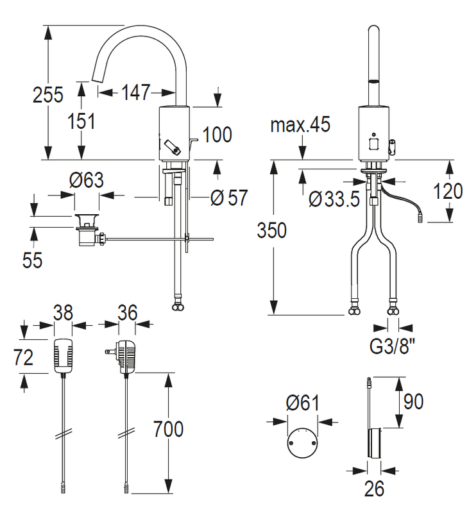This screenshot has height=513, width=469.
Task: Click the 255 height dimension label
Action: pos(47,95)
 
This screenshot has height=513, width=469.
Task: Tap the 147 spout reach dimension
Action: pos(135,92)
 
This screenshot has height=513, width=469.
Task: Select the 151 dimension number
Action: pos(81,121)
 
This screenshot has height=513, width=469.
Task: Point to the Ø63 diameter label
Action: pos(87,180)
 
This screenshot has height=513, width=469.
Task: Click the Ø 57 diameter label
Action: pos(230,198)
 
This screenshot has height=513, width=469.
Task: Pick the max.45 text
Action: pos(300,124)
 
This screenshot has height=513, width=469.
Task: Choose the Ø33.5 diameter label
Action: pos(334,199)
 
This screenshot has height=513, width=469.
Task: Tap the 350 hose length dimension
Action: pos(271,230)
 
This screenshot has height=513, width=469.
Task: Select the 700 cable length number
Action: pos(168,429)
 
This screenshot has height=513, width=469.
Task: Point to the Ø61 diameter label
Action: pos(302,403)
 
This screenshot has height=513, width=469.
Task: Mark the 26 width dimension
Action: pos(374,489)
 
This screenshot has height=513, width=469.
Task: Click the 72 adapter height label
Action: pos(24,357)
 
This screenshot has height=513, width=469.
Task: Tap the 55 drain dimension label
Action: pos(33,260)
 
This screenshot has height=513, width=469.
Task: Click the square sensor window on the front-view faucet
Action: pos(374,144)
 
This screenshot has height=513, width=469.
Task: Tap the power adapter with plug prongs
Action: pos(123,357)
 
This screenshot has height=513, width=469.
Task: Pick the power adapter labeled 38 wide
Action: pos(63,356)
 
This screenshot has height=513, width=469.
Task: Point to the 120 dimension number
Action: pos(448,191)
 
